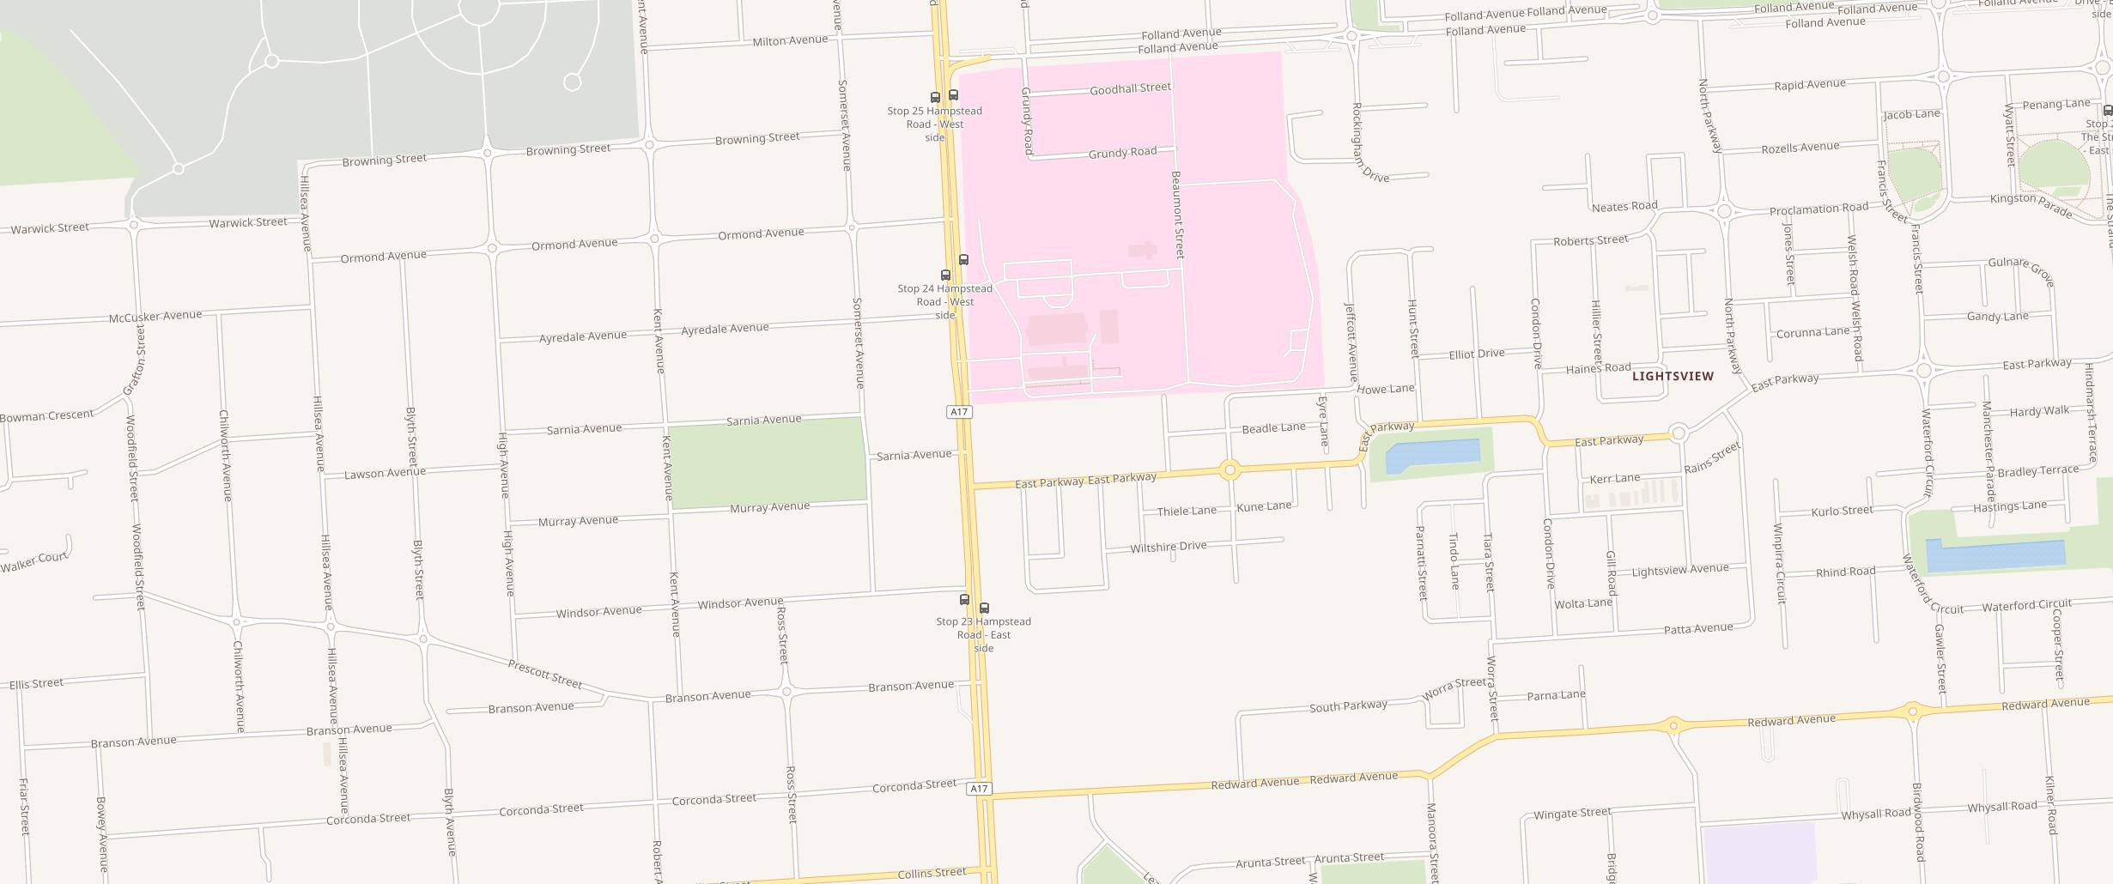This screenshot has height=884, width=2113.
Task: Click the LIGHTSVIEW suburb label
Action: point(1672,376)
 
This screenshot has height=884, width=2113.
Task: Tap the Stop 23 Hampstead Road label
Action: point(983,634)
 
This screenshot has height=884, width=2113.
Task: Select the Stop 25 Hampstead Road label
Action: point(934,124)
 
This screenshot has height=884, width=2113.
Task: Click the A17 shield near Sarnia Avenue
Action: point(959,412)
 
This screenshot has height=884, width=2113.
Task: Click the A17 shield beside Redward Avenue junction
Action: point(979,788)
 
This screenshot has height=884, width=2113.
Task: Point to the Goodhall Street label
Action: point(1130,88)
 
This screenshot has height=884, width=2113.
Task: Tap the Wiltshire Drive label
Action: point(1168,547)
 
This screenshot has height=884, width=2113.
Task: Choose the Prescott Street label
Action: point(544,674)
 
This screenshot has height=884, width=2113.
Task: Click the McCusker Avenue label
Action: point(155,317)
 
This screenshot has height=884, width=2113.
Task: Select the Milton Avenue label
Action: point(790,40)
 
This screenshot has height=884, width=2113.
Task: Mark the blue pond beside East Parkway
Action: point(1432,454)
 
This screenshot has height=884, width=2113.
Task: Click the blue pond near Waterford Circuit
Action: point(1995,555)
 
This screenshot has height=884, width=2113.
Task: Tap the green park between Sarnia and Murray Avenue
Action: point(767,463)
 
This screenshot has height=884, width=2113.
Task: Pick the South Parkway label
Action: point(1348,705)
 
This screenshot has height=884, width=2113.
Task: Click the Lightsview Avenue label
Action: point(1679,570)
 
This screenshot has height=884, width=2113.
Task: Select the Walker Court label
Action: point(34,561)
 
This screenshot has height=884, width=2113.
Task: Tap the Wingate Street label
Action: point(1572,813)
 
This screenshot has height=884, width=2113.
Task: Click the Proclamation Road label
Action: point(1818,209)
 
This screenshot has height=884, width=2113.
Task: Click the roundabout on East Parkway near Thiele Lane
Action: point(1230,469)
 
